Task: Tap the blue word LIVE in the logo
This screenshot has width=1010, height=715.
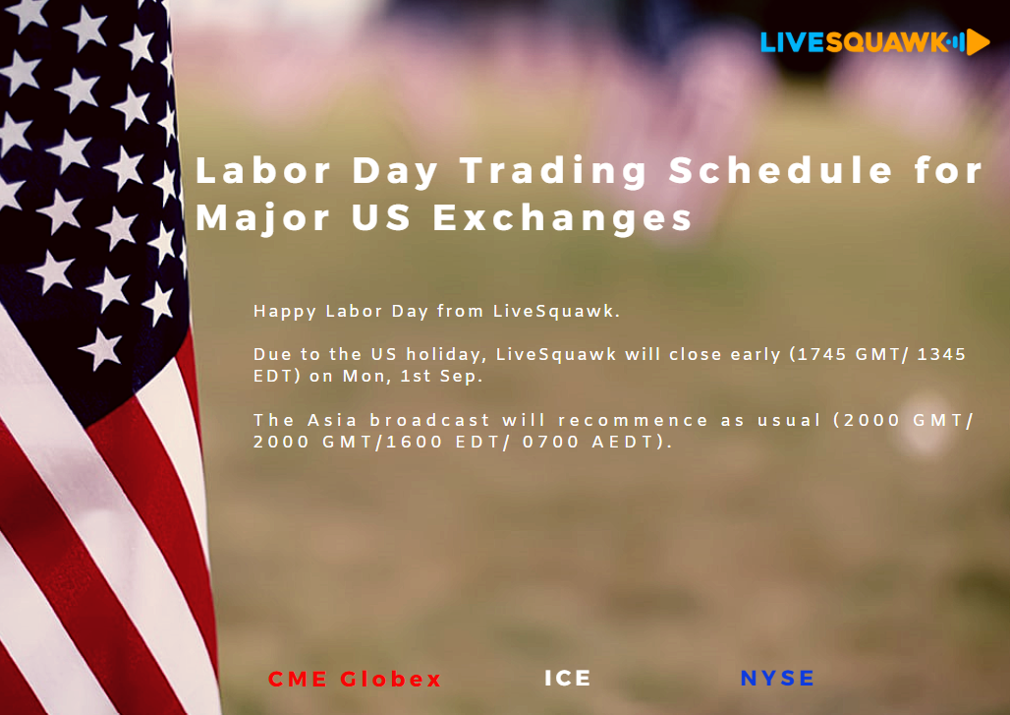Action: point(793,42)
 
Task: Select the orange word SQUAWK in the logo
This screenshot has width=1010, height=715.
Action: point(886,42)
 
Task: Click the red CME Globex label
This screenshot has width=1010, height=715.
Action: point(355,679)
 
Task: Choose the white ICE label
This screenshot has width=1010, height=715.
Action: point(568,679)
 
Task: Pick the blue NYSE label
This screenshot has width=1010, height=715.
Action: point(777,679)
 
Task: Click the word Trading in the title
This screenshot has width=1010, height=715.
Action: point(553,172)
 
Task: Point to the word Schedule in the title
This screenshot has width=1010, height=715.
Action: point(781,170)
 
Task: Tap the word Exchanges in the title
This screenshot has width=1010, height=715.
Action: point(563,218)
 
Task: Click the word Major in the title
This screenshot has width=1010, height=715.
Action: point(262,218)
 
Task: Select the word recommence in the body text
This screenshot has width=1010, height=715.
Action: point(633,421)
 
